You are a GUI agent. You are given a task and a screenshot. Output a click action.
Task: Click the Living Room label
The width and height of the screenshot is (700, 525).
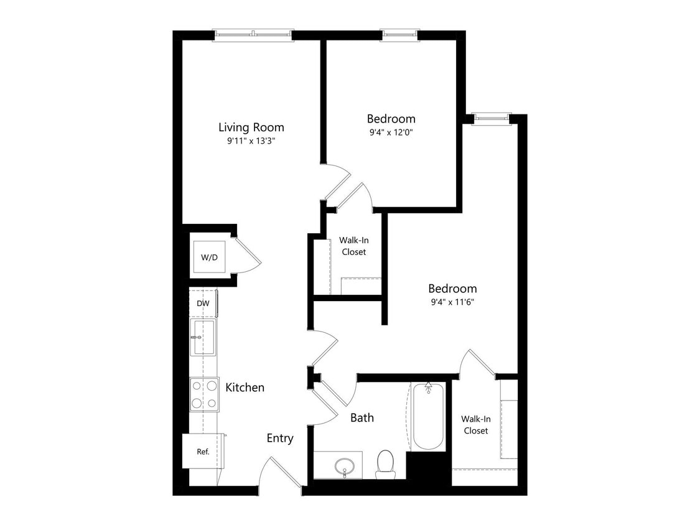(x=251, y=128)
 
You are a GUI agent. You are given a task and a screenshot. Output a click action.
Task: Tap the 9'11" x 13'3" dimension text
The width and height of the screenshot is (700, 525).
(x=251, y=141)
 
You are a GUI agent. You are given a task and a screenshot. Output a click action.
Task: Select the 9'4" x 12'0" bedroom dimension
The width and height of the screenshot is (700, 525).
(x=391, y=132)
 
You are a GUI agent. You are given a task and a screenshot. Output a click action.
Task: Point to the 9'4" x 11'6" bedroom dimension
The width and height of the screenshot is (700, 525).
(x=452, y=302)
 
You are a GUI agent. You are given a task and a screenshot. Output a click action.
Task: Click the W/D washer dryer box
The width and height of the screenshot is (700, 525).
(x=209, y=257)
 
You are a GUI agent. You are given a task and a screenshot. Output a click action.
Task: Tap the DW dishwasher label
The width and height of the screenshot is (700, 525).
(x=203, y=304)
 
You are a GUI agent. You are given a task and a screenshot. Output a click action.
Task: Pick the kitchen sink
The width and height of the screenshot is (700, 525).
(x=203, y=337)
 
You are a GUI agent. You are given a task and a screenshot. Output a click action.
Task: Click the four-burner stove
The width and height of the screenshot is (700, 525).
(x=204, y=394)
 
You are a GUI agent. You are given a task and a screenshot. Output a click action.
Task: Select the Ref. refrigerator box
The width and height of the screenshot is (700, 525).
(x=203, y=452)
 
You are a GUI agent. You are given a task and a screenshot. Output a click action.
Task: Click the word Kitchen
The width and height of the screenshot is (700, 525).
(x=245, y=388)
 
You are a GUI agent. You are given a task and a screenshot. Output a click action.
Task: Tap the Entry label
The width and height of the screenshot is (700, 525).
(x=280, y=439)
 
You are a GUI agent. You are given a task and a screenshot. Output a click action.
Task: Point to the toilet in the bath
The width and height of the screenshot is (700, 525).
(x=386, y=464)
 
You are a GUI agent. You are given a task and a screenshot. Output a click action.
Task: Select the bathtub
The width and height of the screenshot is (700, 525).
(x=428, y=416)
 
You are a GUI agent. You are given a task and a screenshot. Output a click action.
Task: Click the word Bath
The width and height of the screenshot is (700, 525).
(x=362, y=418)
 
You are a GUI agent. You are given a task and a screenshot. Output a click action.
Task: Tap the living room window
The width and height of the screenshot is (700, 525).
(x=253, y=35)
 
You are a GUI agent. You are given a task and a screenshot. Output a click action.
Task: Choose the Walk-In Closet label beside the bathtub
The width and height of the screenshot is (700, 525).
(x=475, y=425)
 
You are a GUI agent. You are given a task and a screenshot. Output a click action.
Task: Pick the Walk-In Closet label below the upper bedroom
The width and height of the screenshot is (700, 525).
(x=353, y=246)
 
